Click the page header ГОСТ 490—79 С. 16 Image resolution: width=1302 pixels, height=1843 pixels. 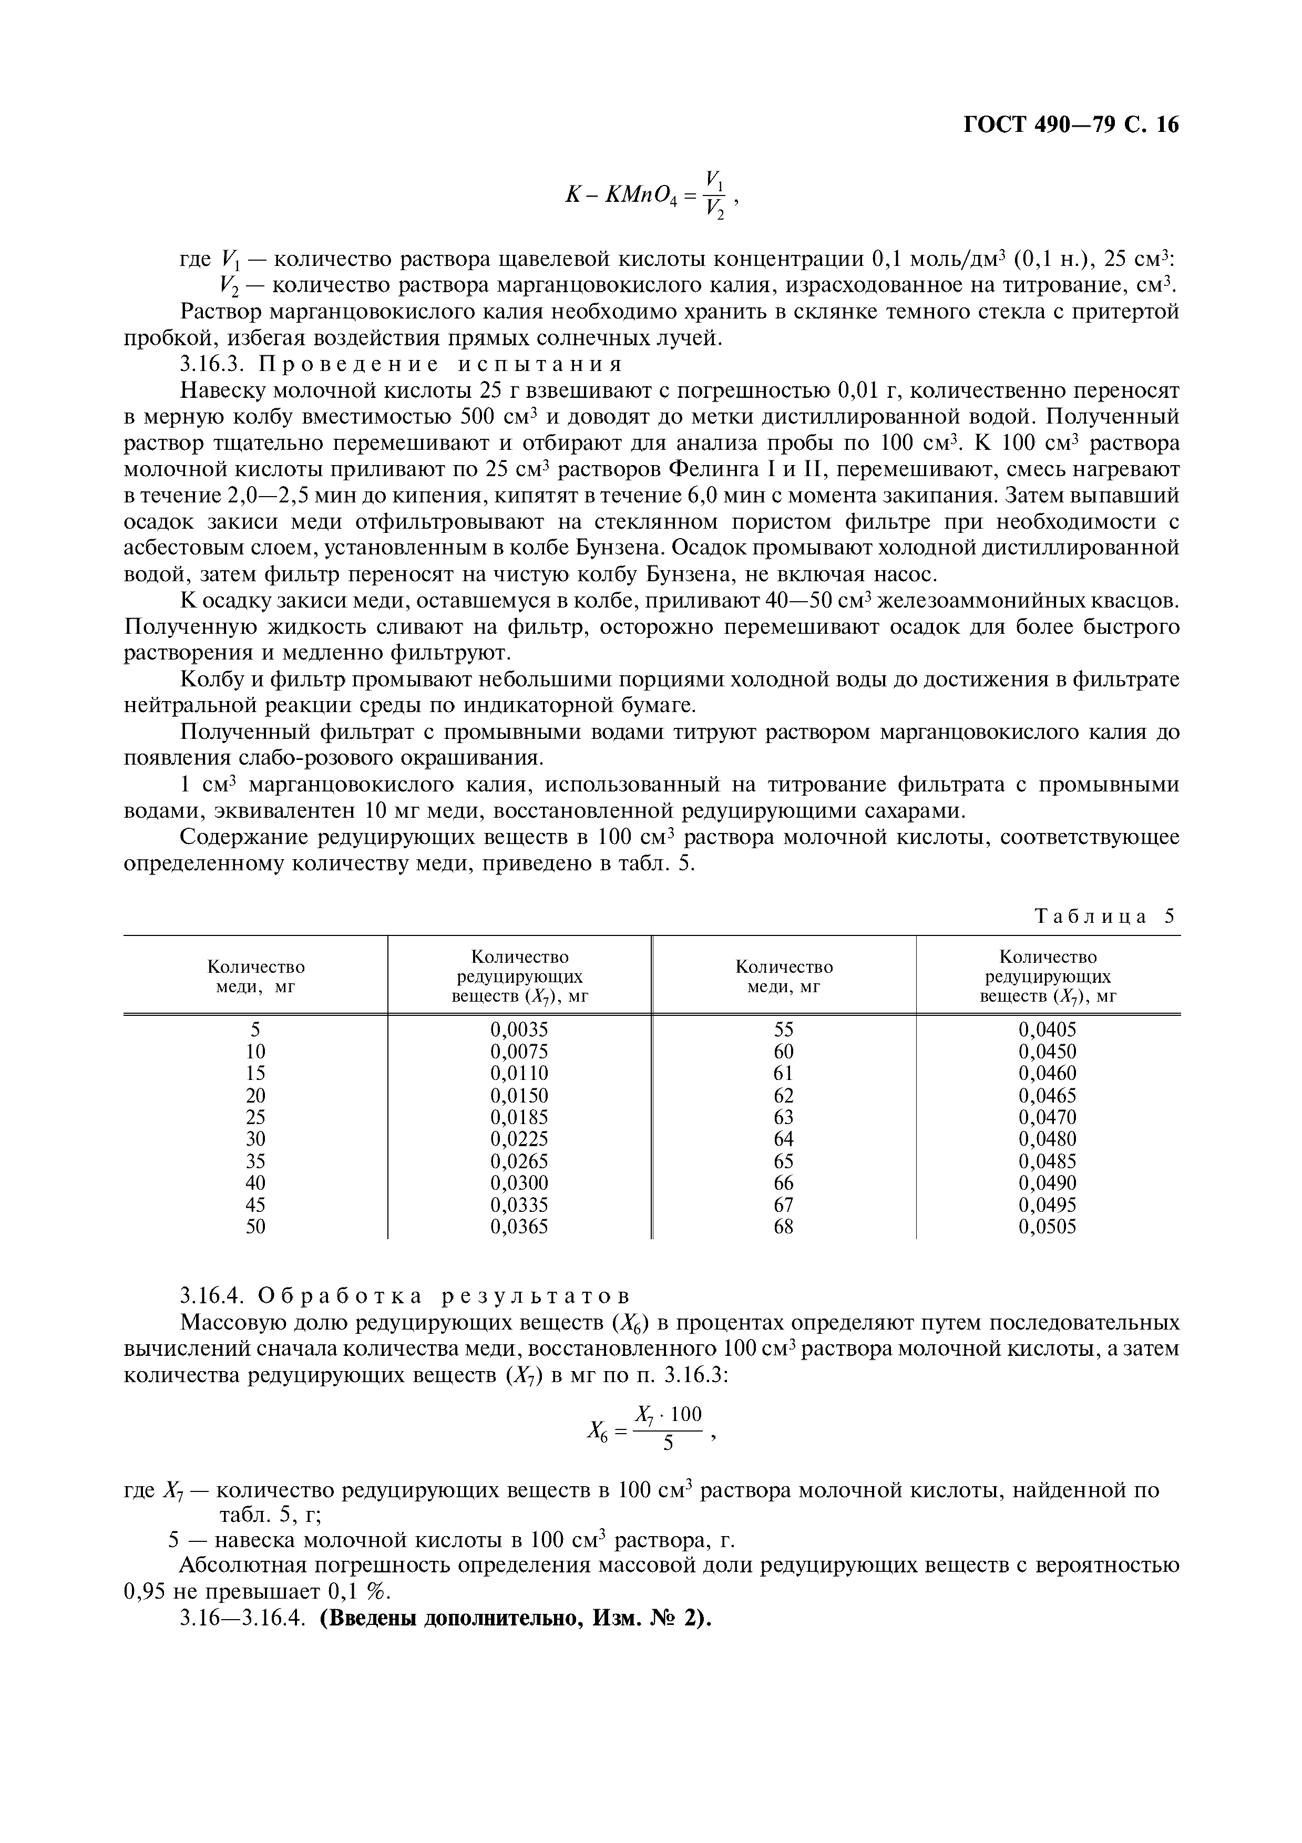tap(1071, 125)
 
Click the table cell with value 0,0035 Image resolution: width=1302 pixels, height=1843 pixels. tap(519, 1030)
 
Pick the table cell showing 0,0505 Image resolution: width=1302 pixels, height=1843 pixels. tap(1048, 1227)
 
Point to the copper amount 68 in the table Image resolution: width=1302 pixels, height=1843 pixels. tap(783, 1227)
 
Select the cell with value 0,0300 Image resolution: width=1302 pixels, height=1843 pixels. tap(519, 1182)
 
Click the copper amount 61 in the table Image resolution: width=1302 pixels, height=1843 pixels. tap(783, 1073)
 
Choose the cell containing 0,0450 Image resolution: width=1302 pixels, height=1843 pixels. tap(1048, 1052)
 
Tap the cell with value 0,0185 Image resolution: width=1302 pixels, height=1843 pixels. tap(519, 1117)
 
